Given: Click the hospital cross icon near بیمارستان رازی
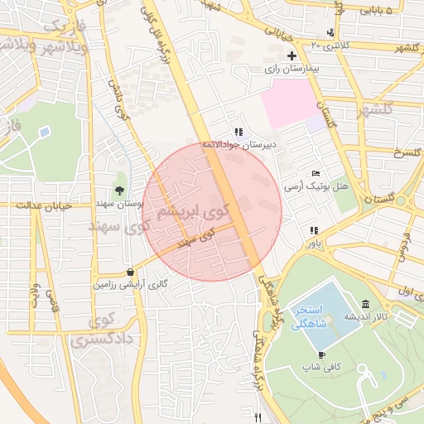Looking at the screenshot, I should [x=291, y=55].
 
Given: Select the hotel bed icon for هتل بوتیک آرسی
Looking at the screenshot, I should [x=316, y=172].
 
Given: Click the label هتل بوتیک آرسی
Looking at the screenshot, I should [x=317, y=186].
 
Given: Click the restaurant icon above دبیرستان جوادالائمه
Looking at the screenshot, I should [x=238, y=131].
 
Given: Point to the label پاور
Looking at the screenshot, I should [x=311, y=245].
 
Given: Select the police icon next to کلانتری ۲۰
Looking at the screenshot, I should [x=331, y=32].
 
